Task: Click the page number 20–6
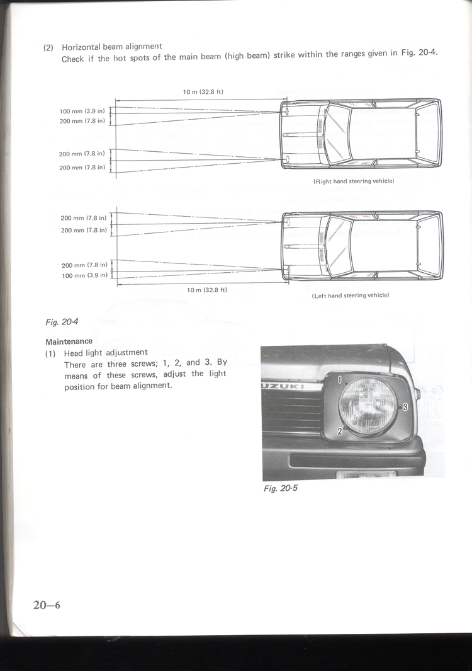pos(47,605)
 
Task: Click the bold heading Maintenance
pos(69,341)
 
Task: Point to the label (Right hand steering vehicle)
pos(353,181)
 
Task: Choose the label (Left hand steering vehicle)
pos(351,295)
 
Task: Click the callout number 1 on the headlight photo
pos(339,380)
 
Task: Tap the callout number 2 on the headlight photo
pos(340,431)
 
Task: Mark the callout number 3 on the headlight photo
pos(405,407)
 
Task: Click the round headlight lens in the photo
pos(368,406)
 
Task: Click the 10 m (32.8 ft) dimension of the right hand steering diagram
pos(203,92)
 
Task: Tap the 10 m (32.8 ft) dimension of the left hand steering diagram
pos(206,290)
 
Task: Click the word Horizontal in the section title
pos(82,47)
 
